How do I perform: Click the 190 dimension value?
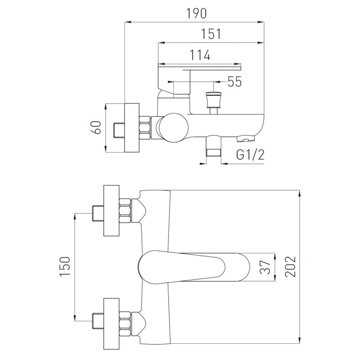196,13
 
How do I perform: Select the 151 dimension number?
211,34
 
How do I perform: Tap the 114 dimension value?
200,55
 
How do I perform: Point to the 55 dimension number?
234,81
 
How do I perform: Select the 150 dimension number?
65,266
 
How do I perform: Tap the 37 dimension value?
265,267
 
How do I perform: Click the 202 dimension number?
290,266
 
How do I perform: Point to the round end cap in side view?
174,127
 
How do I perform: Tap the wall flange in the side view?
132,128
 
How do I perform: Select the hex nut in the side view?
145,128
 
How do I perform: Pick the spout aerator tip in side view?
245,139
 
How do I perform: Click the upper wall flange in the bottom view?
111,211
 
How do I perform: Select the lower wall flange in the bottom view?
111,324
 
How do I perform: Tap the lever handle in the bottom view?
194,267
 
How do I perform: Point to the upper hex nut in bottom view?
125,211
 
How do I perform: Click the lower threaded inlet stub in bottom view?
98,321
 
